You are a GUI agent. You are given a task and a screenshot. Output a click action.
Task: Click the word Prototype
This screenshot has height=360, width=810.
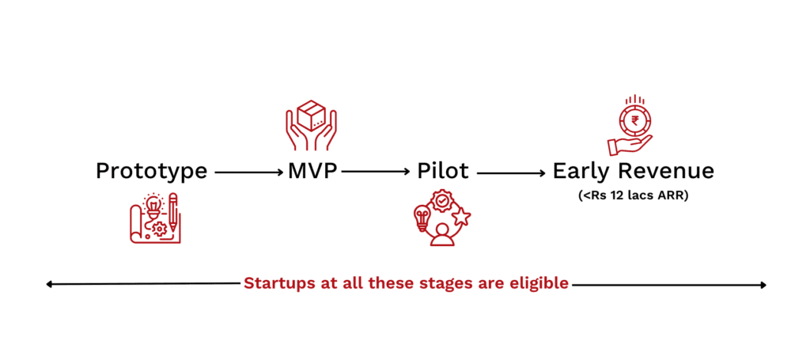click(x=151, y=172)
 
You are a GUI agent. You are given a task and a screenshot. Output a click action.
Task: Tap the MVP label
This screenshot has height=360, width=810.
click(x=312, y=172)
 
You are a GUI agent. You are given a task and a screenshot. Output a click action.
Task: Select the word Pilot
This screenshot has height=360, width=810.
click(x=443, y=172)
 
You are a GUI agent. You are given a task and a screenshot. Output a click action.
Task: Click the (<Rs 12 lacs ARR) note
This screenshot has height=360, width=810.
click(x=634, y=197)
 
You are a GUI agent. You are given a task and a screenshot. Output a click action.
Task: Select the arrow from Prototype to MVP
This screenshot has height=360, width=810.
click(x=249, y=172)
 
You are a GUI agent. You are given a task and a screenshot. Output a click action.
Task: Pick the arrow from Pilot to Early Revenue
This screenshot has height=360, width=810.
click(x=511, y=172)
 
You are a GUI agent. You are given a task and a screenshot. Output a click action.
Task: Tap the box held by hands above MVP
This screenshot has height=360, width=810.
click(x=311, y=116)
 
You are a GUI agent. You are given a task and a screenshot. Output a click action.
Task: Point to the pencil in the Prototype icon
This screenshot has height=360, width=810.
click(x=173, y=212)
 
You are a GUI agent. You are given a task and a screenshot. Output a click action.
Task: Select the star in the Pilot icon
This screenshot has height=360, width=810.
click(x=461, y=216)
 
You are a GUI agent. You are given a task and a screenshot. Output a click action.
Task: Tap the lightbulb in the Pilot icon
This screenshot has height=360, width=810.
click(x=422, y=218)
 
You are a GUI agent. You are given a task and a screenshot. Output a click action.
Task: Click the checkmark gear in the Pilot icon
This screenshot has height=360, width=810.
click(x=441, y=201)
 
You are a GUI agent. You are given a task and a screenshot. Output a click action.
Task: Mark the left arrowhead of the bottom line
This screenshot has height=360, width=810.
click(x=49, y=284)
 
